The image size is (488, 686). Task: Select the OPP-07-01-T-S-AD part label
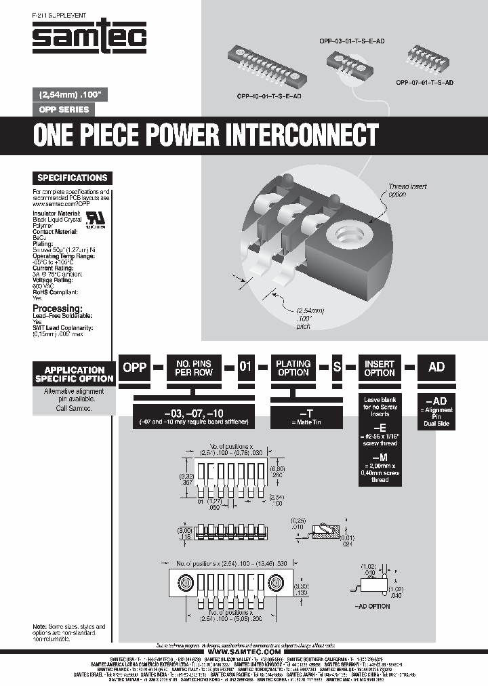point(424,81)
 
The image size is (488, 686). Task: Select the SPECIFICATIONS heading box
point(72,178)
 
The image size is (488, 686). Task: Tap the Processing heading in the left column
point(57,308)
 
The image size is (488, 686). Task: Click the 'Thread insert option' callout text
point(407,190)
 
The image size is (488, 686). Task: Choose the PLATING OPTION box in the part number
point(293,368)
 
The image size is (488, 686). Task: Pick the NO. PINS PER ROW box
point(194,368)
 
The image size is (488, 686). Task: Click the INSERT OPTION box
point(379,368)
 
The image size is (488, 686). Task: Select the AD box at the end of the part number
point(436,367)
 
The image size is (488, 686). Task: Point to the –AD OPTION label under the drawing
point(372,606)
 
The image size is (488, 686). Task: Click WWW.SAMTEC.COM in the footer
point(243,652)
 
